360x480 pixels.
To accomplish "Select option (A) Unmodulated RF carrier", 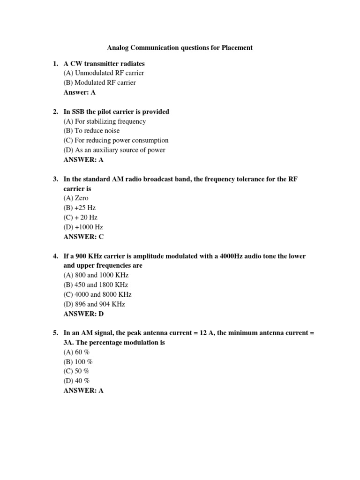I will (104, 73).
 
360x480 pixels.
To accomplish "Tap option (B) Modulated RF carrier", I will (99, 82).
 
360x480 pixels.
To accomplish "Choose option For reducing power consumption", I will (116, 140).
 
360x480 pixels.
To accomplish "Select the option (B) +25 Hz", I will (79, 208).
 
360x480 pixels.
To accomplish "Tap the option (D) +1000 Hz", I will (83, 227).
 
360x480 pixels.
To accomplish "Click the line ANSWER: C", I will (83, 237).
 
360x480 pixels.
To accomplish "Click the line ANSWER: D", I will (83, 314).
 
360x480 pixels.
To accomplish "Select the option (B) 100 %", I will (78, 362).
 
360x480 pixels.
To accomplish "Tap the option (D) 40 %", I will (76, 381).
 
